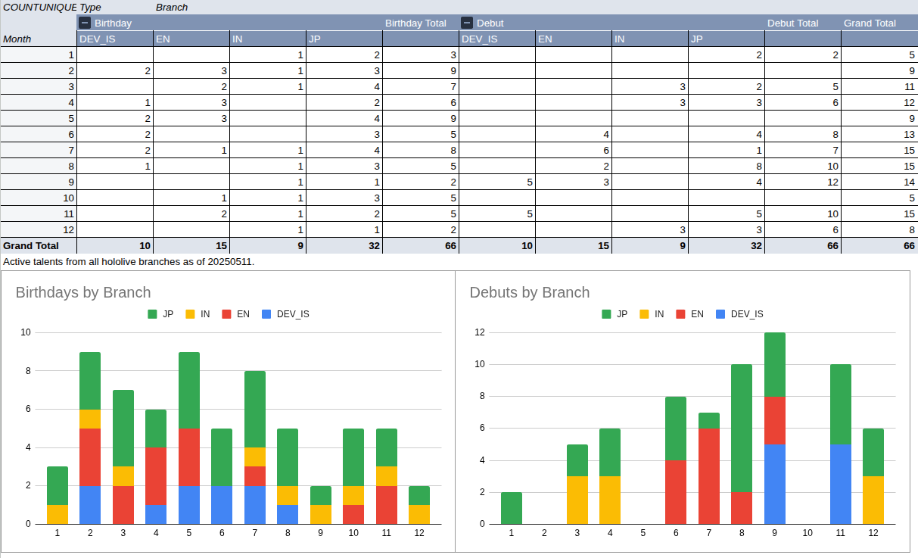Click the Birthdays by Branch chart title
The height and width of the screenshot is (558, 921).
point(83,292)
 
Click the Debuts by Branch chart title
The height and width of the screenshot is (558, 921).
point(529,292)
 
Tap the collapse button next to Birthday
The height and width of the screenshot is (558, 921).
point(86,23)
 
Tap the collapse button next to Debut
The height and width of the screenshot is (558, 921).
point(467,23)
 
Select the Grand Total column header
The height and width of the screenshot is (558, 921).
point(870,23)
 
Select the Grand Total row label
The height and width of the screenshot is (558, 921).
point(31,245)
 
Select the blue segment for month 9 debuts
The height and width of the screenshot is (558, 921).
point(774,484)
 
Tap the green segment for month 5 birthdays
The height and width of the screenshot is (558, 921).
point(189,390)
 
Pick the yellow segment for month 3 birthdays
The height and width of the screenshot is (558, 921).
point(123,475)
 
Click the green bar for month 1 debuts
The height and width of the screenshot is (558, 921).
point(512,507)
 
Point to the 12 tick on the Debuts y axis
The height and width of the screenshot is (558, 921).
point(479,332)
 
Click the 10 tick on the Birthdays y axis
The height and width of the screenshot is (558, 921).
point(26,332)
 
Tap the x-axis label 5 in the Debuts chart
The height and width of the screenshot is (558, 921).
point(643,533)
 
